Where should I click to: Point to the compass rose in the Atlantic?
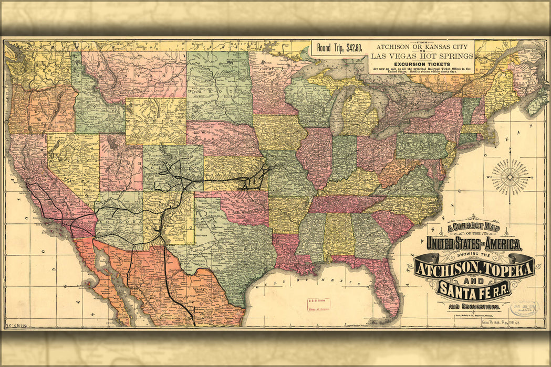click(510, 177)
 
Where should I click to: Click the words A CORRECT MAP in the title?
click(460, 227)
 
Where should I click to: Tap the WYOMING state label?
click(156, 121)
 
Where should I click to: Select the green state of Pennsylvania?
click(421, 145)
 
